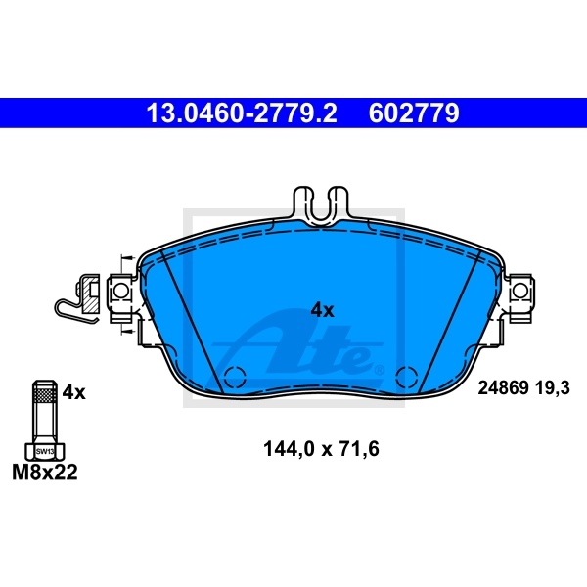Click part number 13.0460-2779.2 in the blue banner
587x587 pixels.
point(242,113)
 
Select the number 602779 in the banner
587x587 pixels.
point(414,113)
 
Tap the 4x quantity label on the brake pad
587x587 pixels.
point(322,310)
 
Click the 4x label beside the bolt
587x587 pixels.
point(73,392)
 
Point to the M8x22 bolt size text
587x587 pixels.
point(45,473)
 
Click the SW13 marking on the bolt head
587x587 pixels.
point(45,451)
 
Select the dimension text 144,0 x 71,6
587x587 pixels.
point(321,448)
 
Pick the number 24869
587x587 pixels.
point(503,387)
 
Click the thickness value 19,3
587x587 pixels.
point(553,387)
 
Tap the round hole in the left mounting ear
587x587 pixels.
point(120,291)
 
